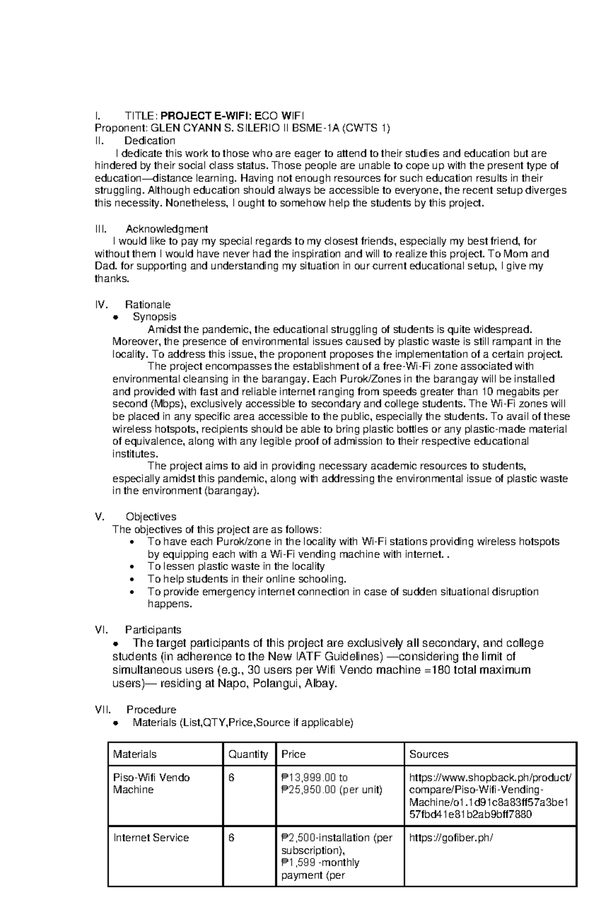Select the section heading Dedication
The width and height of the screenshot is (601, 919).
tap(150, 141)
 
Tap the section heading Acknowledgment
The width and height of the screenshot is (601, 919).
tap(167, 229)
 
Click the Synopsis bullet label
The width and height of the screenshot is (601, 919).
tap(154, 317)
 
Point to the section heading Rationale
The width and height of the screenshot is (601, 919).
tap(148, 304)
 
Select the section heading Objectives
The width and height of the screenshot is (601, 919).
tap(151, 517)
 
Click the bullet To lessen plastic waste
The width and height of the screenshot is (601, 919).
tap(236, 566)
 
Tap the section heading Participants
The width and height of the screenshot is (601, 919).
tap(153, 630)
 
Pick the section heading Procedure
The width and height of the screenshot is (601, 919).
tap(151, 710)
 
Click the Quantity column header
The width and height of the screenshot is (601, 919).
tap(248, 754)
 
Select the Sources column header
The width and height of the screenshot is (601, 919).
tap(429, 754)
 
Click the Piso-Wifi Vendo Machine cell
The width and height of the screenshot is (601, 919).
tap(152, 784)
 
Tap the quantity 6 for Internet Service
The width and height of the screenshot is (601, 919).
tap(232, 838)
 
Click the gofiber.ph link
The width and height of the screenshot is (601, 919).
tap(451, 838)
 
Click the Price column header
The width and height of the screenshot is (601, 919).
tap(293, 754)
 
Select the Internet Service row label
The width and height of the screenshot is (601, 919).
tap(151, 838)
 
